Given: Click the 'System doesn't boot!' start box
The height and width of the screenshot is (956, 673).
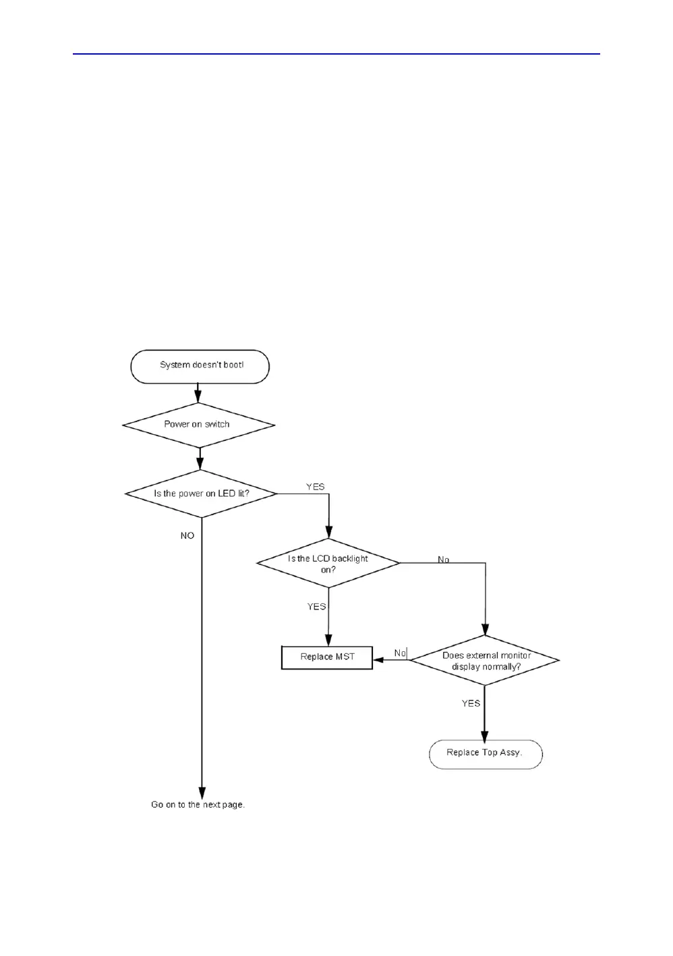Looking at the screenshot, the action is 200,366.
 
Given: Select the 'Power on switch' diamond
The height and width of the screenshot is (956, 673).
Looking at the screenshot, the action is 198,425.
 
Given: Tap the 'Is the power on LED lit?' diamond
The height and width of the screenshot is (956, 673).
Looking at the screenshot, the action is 201,494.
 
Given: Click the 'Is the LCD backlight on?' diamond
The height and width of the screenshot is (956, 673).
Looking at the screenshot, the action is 328,564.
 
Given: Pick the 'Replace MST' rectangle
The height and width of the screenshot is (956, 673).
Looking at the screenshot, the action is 327,657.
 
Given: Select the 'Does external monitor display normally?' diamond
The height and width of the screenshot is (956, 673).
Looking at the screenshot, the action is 486,661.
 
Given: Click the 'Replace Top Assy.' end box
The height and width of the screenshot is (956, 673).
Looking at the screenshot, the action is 486,754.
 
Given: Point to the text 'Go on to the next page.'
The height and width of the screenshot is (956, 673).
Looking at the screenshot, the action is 198,804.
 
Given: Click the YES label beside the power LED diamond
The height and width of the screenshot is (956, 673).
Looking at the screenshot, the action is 315,487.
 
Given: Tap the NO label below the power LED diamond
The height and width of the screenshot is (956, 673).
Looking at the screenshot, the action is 187,535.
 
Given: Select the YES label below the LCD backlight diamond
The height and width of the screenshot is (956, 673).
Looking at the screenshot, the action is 316,607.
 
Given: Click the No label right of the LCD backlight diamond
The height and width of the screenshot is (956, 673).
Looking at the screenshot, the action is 443,560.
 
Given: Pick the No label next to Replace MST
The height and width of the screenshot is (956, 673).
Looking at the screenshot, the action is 400,653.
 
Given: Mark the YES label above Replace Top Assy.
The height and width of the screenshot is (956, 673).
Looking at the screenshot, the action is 471,703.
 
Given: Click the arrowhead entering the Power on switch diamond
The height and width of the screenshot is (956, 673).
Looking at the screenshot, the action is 198,397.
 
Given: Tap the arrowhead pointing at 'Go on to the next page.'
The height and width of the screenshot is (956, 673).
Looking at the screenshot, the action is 202,793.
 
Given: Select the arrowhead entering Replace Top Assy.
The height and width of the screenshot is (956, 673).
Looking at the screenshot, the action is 484,736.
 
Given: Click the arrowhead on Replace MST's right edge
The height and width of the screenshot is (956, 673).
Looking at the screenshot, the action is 378,660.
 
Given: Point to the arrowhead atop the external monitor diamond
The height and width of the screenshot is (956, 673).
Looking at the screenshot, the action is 486,630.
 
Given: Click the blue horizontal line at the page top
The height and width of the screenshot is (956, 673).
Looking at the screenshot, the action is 336,54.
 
